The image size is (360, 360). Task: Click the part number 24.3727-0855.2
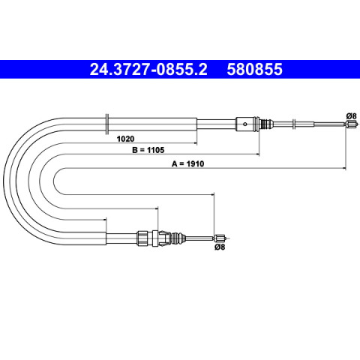(148, 69)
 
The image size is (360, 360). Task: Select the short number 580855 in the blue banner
(254, 69)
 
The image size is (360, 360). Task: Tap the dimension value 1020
(125, 139)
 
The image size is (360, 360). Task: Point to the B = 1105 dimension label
(148, 150)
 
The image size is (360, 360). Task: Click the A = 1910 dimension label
(187, 163)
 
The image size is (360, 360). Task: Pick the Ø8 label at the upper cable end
(351, 116)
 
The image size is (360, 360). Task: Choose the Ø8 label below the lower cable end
(220, 247)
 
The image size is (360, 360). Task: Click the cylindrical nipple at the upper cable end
(350, 124)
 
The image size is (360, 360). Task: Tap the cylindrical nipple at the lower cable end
(220, 238)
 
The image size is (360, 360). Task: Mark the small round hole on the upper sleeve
(245, 124)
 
